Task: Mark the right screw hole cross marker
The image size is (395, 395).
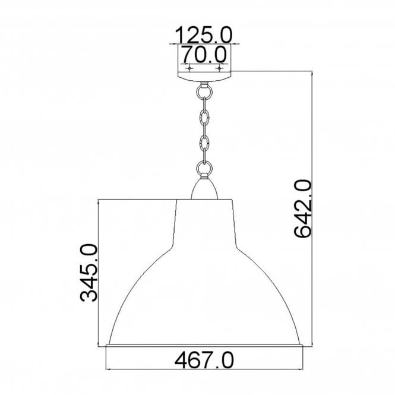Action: [x=220, y=69]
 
